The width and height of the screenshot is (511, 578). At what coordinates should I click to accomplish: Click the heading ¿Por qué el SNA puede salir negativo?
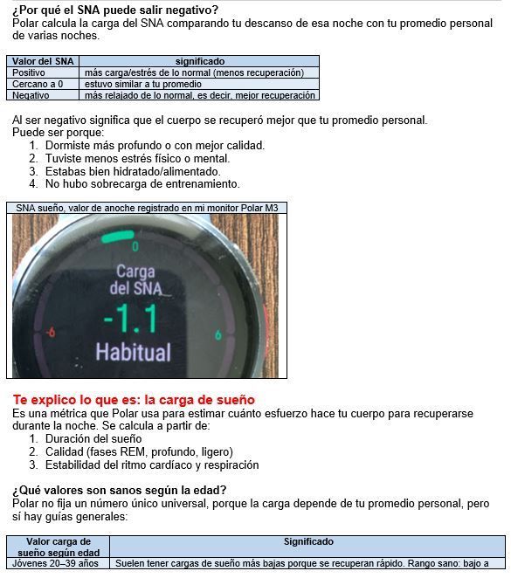pyautogui.click(x=115, y=10)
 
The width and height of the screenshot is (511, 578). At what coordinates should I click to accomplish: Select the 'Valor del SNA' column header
pyautogui.click(x=43, y=61)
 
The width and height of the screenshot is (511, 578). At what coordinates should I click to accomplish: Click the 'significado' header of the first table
pyautogui.click(x=199, y=61)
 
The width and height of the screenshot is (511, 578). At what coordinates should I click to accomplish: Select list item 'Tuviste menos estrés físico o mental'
pyautogui.click(x=137, y=159)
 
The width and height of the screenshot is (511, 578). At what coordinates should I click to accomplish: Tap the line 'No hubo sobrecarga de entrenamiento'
pyautogui.click(x=142, y=184)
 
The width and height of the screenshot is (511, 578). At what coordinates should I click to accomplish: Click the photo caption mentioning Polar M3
pyautogui.click(x=147, y=208)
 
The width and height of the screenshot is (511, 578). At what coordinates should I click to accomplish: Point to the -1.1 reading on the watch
pyautogui.click(x=131, y=320)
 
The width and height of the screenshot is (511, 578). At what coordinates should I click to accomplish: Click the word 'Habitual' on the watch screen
pyautogui.click(x=133, y=352)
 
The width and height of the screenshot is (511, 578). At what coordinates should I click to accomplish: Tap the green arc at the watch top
pyautogui.click(x=118, y=237)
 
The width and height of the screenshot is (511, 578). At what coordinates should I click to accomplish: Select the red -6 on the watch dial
pyautogui.click(x=51, y=332)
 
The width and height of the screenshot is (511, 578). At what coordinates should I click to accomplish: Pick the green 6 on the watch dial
pyautogui.click(x=218, y=334)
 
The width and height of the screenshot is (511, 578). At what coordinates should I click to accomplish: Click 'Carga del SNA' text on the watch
pyautogui.click(x=135, y=280)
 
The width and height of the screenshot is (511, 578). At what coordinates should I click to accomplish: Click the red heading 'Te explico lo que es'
pyautogui.click(x=134, y=400)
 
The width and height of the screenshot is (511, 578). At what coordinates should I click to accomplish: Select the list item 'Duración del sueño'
pyautogui.click(x=93, y=439)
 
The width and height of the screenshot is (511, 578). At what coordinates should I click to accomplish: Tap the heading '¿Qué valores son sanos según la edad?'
pyautogui.click(x=119, y=491)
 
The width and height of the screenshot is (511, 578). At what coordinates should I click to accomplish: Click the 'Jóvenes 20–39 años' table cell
pyautogui.click(x=55, y=564)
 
